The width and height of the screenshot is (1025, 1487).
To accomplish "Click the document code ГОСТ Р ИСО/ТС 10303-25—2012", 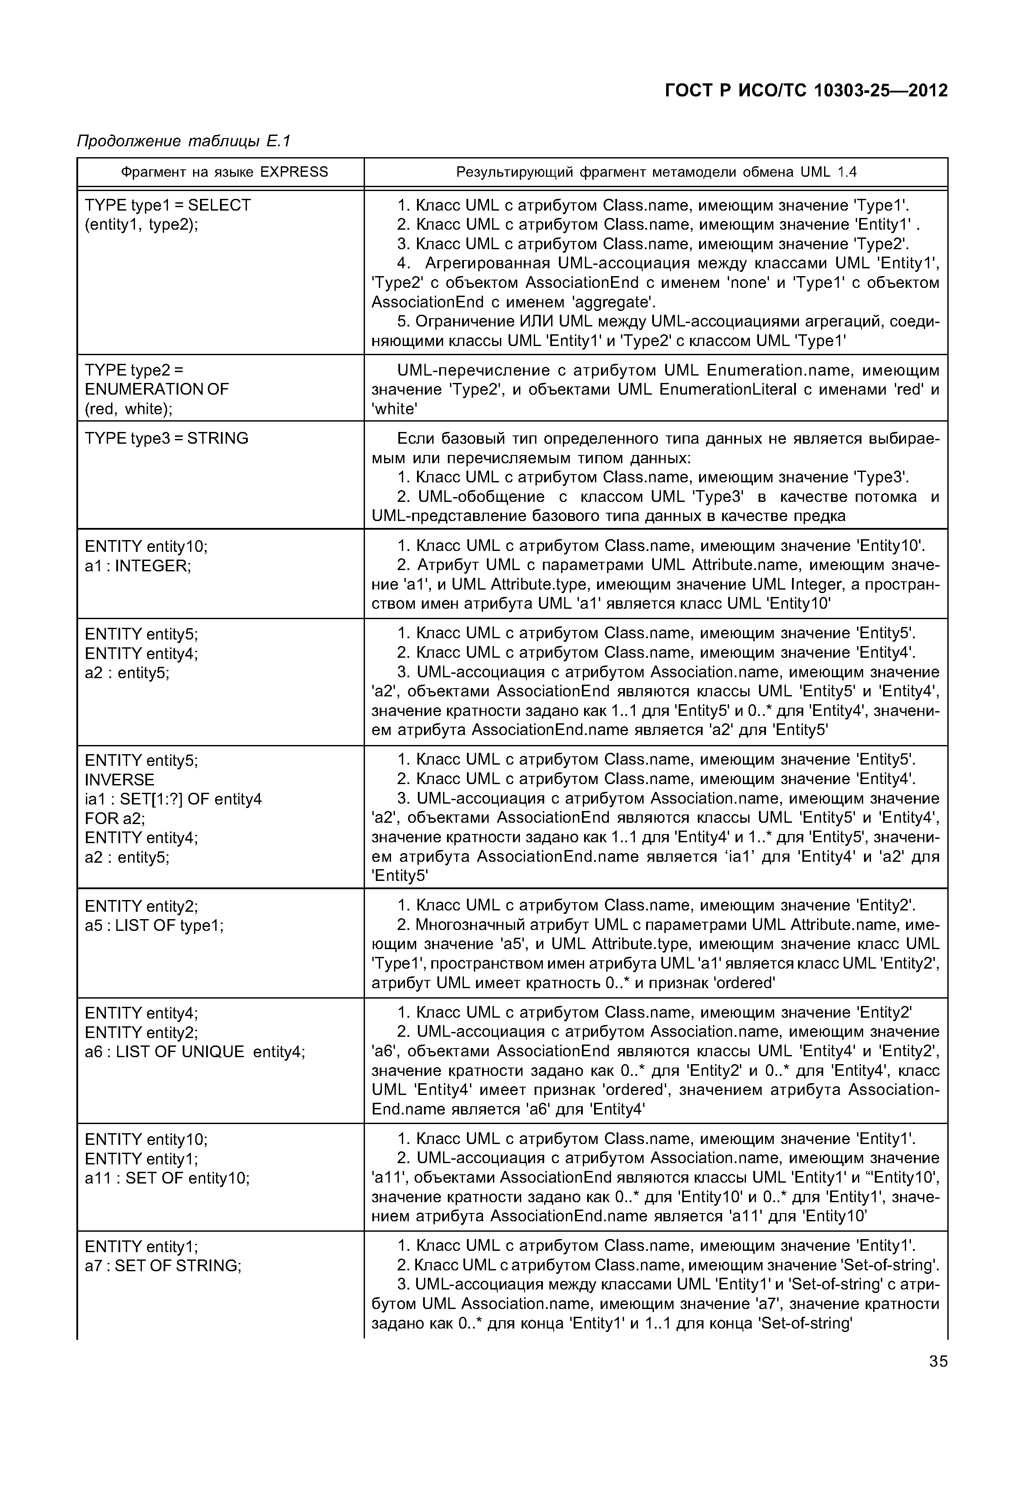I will (805, 91).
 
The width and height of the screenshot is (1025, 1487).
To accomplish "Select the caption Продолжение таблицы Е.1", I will (184, 141).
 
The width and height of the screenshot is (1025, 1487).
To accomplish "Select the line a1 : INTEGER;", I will (138, 566).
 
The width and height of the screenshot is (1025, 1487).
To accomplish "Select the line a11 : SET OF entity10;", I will (167, 1179).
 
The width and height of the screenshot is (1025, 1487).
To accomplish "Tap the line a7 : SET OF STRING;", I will (163, 1266).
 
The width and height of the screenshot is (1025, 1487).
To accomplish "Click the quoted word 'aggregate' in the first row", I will (608, 302).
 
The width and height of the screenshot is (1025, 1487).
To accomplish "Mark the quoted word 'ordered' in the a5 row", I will (736, 983).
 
